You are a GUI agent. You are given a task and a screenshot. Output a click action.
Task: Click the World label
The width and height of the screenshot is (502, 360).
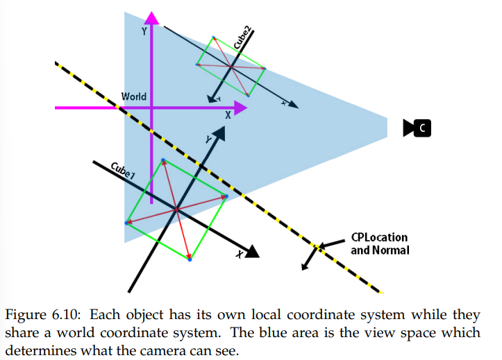tap(134, 96)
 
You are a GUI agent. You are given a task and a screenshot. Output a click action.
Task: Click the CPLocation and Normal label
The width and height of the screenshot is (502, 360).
tap(379, 243)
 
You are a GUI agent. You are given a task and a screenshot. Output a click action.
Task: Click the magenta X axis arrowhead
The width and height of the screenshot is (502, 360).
tap(240, 108)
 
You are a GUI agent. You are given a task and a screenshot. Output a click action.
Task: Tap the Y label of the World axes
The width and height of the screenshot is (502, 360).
tap(143, 31)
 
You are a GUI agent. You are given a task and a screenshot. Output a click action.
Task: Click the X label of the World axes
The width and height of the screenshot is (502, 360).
tap(227, 117)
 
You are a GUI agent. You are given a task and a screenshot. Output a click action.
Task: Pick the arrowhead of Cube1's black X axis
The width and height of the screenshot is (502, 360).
tap(252, 252)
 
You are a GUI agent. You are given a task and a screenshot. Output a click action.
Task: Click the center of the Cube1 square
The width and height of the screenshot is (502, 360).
tap(176, 209)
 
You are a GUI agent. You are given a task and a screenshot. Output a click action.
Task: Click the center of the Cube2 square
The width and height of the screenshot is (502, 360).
tap(231, 67)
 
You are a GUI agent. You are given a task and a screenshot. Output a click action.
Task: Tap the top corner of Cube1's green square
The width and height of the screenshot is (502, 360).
tap(163, 160)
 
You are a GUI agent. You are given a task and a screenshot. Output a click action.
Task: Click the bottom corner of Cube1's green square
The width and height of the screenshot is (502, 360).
tap(190, 259)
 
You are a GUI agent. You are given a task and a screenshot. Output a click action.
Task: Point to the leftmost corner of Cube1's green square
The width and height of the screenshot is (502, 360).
tap(126, 223)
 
